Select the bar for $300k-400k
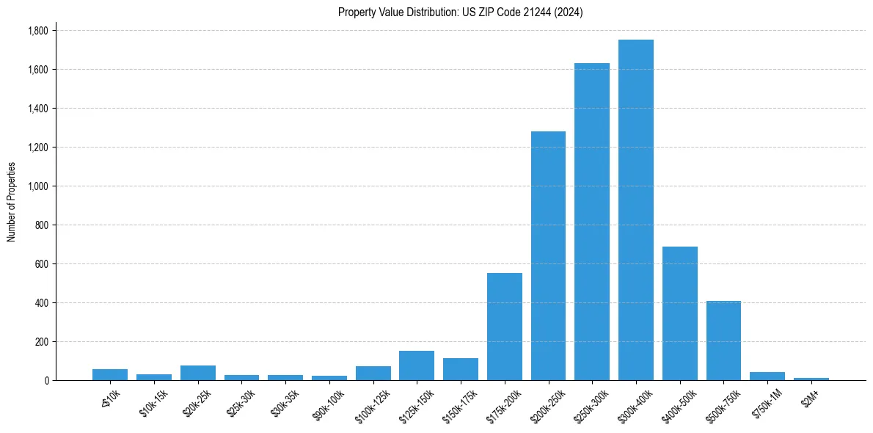(x=636, y=210)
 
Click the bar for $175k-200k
(x=505, y=327)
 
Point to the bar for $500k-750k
(x=723, y=341)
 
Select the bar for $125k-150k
(x=417, y=365)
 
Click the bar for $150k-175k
(x=461, y=369)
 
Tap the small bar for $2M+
(x=811, y=379)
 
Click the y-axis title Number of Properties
(x=12, y=202)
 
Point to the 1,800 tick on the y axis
(x=38, y=31)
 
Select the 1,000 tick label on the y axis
(x=38, y=186)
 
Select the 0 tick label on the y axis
(x=46, y=381)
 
